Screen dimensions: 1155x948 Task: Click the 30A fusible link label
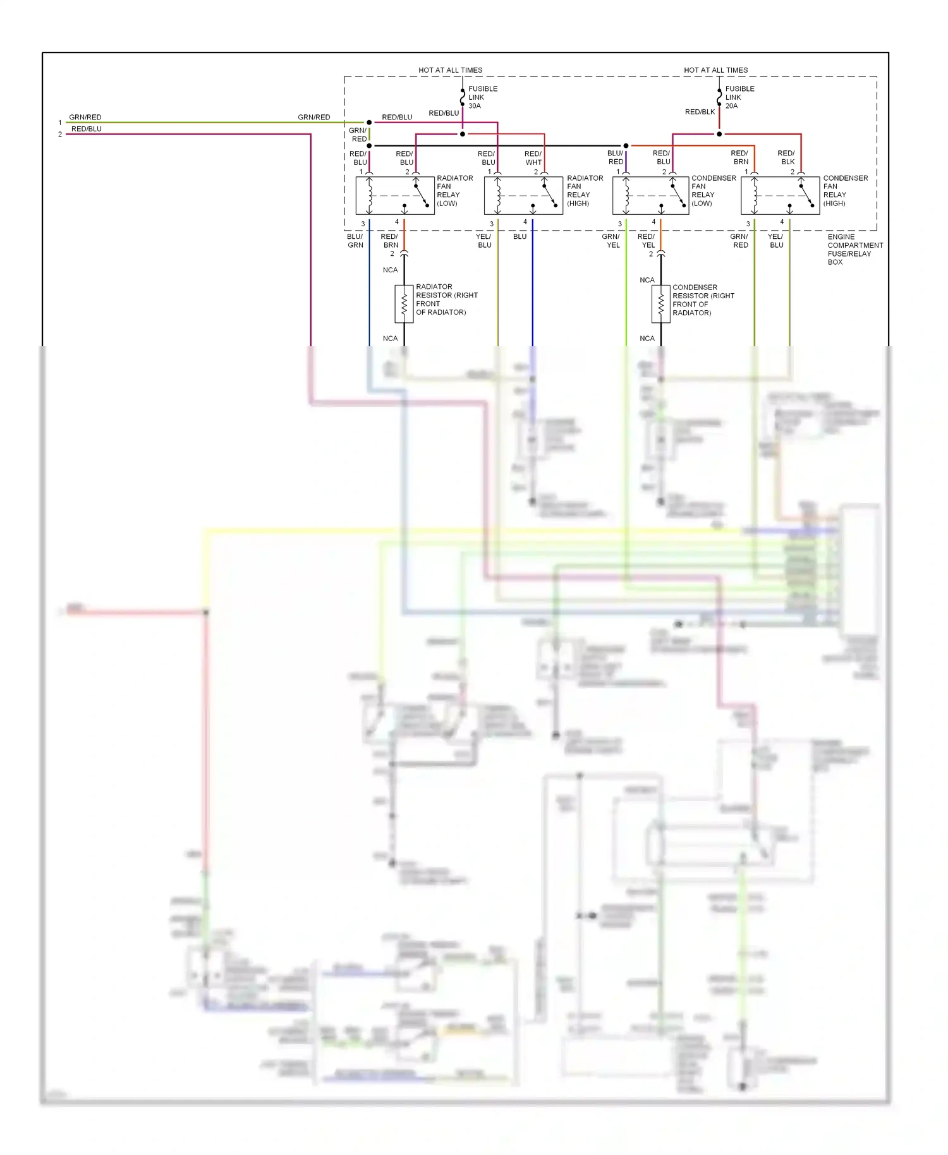[482, 97]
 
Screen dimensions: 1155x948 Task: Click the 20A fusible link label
[739, 97]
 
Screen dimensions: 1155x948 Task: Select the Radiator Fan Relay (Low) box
[395, 196]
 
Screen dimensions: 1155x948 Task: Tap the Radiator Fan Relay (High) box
[523, 196]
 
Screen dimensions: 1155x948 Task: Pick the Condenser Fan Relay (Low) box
[651, 196]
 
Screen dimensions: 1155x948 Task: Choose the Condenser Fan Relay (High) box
[780, 196]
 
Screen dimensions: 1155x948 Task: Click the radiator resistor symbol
[404, 304]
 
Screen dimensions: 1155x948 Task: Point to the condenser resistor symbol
[660, 305]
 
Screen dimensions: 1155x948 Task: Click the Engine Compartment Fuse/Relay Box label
[854, 249]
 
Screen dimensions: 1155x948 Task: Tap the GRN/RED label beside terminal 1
[85, 117]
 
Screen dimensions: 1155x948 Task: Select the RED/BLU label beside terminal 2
[87, 129]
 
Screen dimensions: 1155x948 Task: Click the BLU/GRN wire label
[355, 241]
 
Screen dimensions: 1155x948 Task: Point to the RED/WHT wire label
[533, 158]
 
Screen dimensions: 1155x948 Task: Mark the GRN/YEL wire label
[611, 241]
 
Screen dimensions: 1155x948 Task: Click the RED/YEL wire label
[647, 241]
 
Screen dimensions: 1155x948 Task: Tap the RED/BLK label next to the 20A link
[700, 112]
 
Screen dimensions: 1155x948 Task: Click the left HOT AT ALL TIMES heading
[450, 70]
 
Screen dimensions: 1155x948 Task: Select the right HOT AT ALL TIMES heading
[715, 70]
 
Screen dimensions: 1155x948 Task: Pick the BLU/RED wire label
[616, 157]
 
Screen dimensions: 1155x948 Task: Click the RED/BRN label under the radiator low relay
[390, 241]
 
